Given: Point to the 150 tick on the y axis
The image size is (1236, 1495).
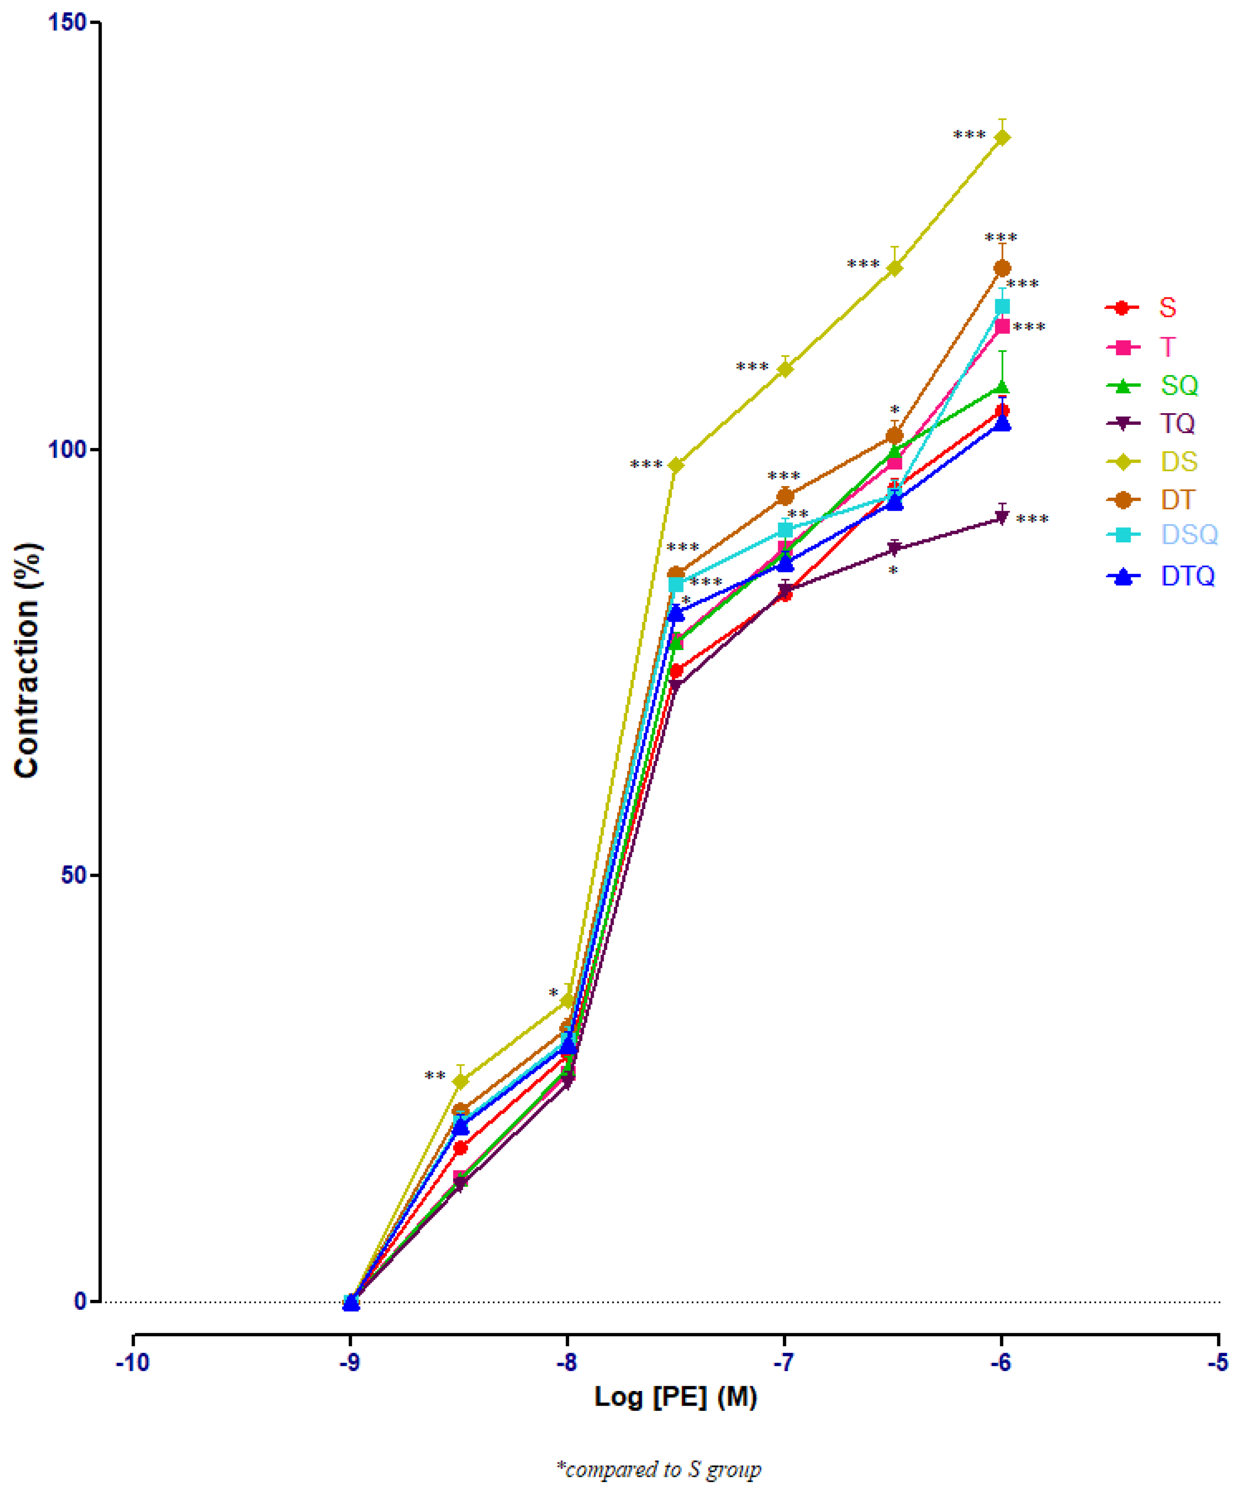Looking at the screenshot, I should click(x=67, y=23).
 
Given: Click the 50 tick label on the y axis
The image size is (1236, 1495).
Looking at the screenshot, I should click(x=74, y=875).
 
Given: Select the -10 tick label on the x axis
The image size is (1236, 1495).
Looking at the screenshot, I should click(x=133, y=1363).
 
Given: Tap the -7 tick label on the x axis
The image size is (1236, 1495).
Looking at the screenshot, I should click(x=784, y=1363).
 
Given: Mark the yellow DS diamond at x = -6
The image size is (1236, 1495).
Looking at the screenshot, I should click(x=1002, y=137).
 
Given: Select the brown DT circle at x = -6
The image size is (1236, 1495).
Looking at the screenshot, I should click(x=1002, y=268).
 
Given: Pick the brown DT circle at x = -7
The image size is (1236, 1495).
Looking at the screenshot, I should click(x=785, y=496).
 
